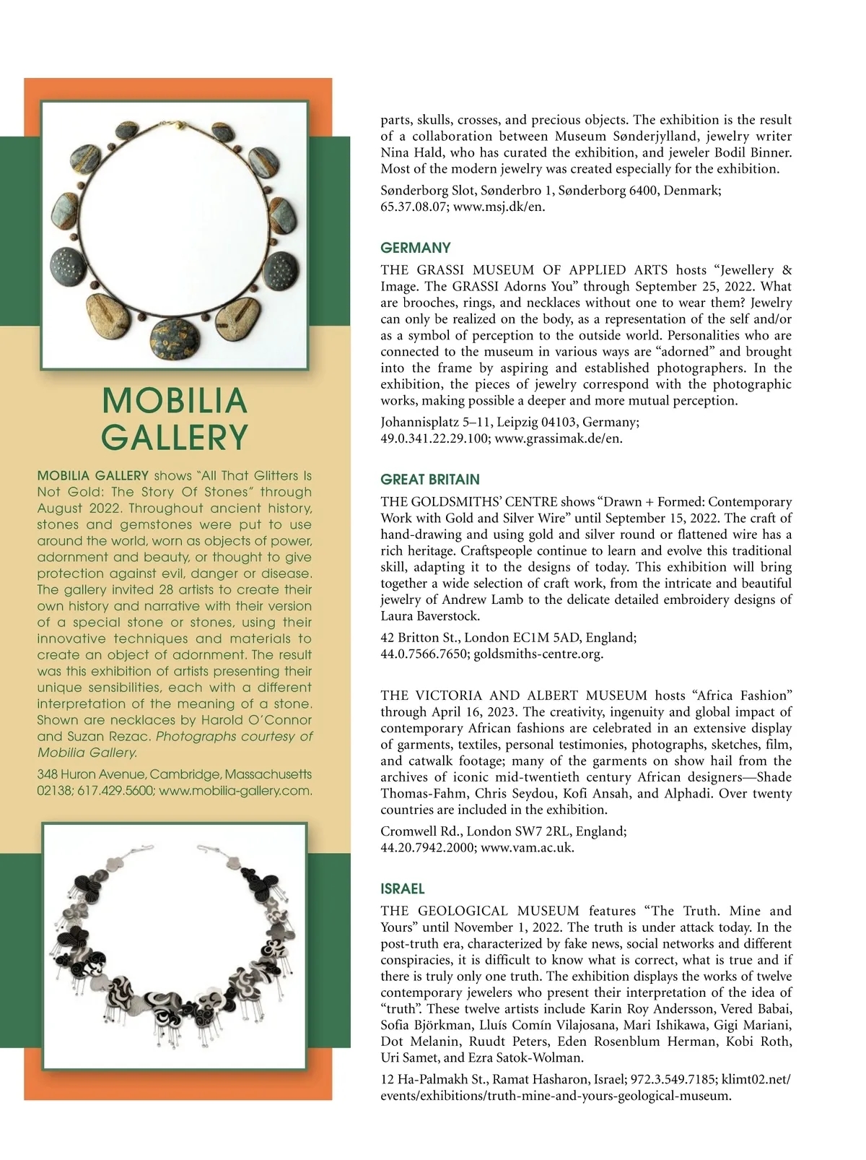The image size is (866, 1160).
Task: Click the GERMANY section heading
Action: click(416, 248)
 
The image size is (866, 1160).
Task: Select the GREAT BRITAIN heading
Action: click(430, 480)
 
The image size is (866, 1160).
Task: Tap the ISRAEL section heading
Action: click(403, 889)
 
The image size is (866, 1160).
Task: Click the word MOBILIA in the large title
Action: click(175, 401)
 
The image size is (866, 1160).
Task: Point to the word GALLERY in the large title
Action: click(175, 437)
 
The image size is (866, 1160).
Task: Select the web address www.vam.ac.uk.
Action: click(527, 847)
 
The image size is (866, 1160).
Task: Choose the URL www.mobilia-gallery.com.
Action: click(235, 791)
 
